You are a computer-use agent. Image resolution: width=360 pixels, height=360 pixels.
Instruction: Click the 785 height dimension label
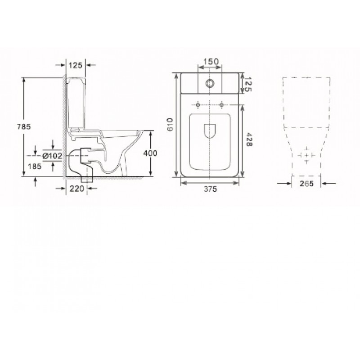pos(24,126)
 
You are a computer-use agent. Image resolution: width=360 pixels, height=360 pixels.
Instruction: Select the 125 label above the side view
pos(76,65)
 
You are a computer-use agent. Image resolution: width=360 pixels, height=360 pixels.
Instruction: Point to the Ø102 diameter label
pos(52,156)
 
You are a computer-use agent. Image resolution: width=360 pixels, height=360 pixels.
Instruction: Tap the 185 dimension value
pos(35,166)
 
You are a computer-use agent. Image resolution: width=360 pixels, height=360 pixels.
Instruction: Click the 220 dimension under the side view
pos(76,189)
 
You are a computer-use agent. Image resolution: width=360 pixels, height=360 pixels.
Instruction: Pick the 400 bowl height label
pos(150,153)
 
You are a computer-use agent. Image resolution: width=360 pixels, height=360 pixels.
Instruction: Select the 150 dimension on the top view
pos(211,62)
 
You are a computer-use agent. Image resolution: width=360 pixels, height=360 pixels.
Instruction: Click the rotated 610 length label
pos(170,125)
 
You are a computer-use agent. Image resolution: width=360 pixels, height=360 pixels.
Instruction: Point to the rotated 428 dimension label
pos(249,139)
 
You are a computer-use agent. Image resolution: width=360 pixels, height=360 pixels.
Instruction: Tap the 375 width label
pos(210,189)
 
